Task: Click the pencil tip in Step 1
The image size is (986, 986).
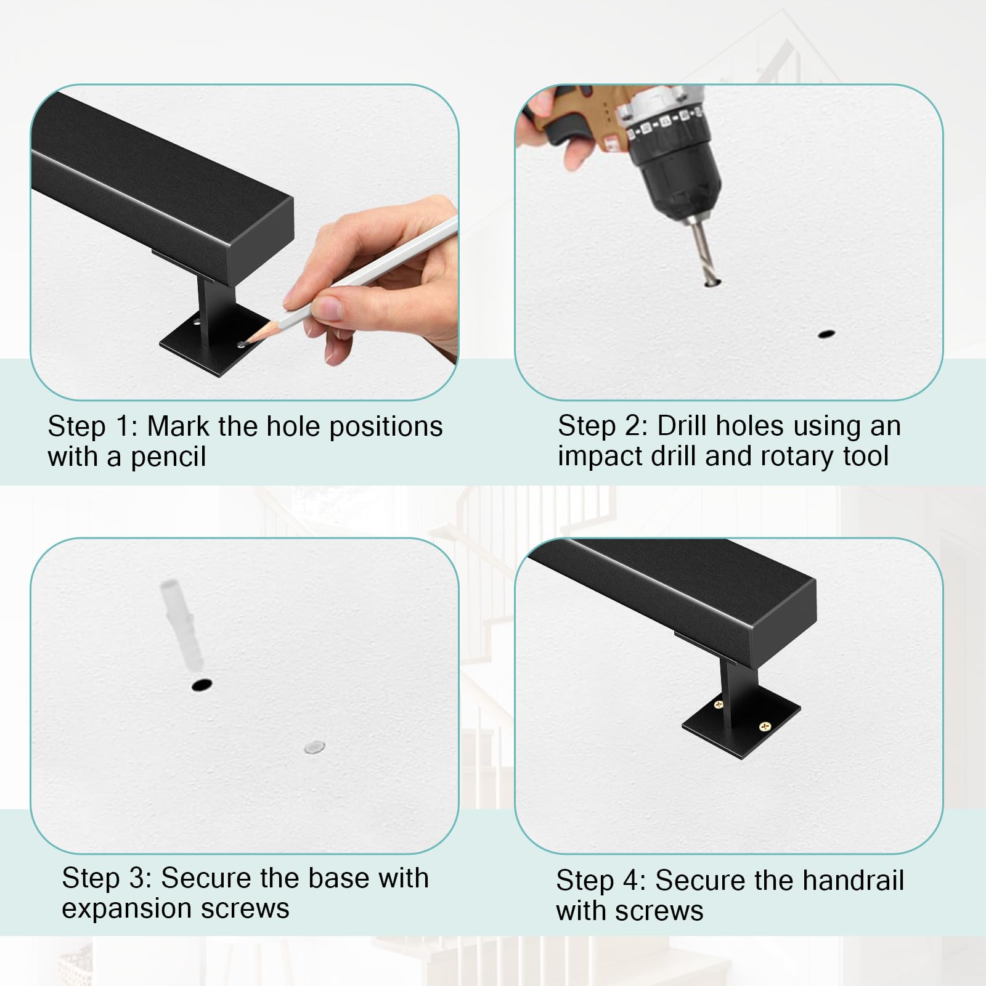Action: pos(242,341)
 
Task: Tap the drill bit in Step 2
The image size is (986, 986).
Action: pos(703,253)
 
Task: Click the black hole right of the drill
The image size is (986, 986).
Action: pos(826,334)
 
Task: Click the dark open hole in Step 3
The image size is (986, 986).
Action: pos(201,685)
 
